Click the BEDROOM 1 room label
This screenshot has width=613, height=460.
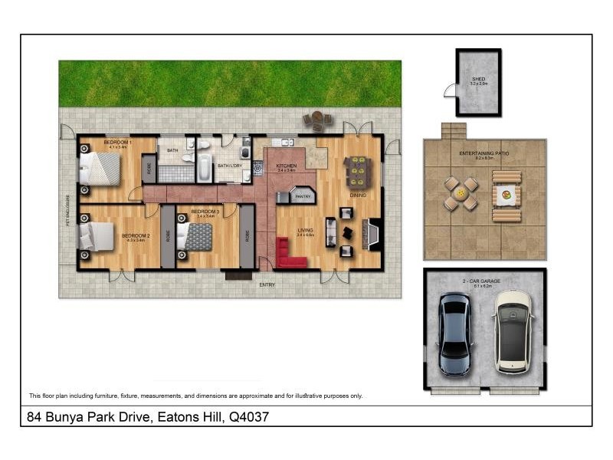click(118, 143)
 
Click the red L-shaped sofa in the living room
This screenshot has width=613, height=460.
click(290, 255)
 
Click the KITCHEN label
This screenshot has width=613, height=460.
click(286, 166)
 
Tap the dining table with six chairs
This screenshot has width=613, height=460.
click(358, 172)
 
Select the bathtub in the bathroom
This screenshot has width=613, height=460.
click(204, 168)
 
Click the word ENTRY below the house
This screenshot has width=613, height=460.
click(267, 285)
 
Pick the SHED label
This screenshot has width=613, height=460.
click(478, 79)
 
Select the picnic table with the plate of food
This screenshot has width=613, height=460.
click(506, 196)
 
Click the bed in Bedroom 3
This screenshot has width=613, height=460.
click(195, 236)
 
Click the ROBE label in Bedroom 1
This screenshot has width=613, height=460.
click(149, 169)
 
